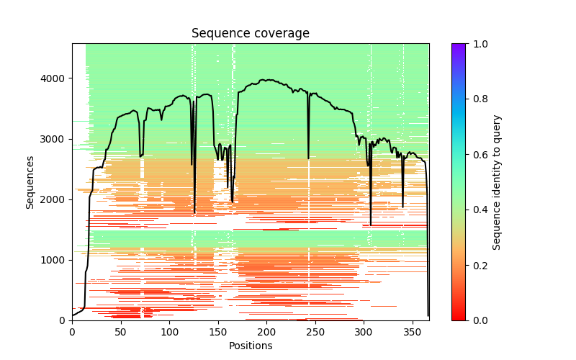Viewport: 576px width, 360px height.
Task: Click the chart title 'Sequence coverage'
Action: point(250,34)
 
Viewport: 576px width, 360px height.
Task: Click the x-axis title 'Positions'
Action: point(250,346)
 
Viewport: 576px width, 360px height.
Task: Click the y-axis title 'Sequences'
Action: point(30,181)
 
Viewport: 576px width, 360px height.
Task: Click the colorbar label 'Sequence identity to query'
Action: point(497,181)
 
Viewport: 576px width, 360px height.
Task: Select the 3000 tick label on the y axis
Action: point(55,139)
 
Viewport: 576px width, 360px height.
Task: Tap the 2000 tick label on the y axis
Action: point(55,199)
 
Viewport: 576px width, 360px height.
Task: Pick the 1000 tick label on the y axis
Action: point(55,260)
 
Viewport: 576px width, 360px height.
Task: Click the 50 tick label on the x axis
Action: point(120,332)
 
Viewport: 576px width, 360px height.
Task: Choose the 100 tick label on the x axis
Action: point(169,332)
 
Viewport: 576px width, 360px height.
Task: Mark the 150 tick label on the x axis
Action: point(217,332)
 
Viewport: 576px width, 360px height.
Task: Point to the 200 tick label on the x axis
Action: point(266,332)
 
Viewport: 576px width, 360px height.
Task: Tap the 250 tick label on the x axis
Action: point(315,332)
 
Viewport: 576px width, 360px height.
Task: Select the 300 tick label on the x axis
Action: point(364,332)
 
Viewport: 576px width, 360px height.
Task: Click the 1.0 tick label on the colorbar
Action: point(477,44)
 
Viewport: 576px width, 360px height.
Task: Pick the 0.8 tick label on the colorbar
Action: point(477,99)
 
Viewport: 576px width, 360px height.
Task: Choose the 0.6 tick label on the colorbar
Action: point(477,154)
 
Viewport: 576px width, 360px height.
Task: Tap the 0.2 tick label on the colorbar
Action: point(477,265)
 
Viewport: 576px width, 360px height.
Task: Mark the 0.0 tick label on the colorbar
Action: point(477,320)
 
